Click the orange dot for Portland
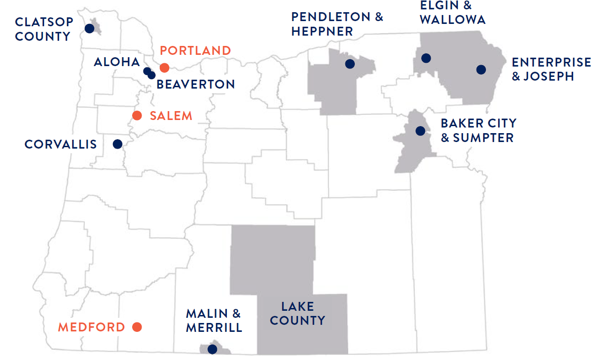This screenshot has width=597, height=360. click(164, 68)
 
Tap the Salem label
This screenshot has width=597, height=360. click(171, 116)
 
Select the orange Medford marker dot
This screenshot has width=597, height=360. click(137, 327)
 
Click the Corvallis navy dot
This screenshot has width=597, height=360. click(117, 144)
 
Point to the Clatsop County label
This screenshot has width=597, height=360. click(43, 29)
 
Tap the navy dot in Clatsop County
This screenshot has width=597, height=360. click(90, 29)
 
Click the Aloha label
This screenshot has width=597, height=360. click(117, 62)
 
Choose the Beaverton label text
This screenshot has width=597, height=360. click(195, 84)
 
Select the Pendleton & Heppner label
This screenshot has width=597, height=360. click(337, 24)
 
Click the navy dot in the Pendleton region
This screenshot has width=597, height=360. click(350, 64)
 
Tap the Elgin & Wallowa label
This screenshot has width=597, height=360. click(452, 13)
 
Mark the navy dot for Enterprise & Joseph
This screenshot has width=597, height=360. click(481, 69)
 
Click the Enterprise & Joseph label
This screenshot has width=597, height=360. click(551, 69)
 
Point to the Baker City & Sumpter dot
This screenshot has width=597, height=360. click(420, 131)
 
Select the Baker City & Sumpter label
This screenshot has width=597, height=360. click(478, 130)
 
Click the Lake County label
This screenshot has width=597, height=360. click(298, 314)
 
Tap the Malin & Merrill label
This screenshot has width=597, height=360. click(214, 321)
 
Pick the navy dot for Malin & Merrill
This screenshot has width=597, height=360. click(212, 349)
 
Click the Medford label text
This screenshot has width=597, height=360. click(91, 327)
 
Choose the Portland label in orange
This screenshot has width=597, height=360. click(195, 51)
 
